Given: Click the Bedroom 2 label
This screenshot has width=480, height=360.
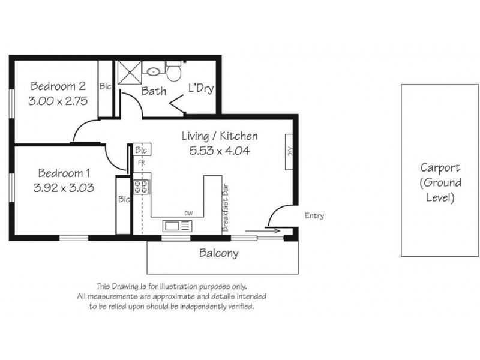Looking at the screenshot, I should [58, 85].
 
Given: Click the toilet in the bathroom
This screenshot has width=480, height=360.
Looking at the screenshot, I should [174, 72].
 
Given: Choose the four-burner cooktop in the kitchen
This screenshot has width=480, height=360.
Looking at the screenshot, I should [142, 187].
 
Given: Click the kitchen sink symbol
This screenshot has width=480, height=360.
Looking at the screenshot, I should [176, 226].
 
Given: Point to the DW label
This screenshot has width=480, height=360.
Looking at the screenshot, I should [189, 212].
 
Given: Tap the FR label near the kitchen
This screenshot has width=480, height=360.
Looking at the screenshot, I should [142, 163].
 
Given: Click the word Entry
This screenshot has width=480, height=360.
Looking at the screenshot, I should [314, 215].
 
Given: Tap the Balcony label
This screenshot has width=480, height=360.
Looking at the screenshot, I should [218, 253].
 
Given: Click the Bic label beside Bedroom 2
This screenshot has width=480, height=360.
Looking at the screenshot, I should [106, 86].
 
